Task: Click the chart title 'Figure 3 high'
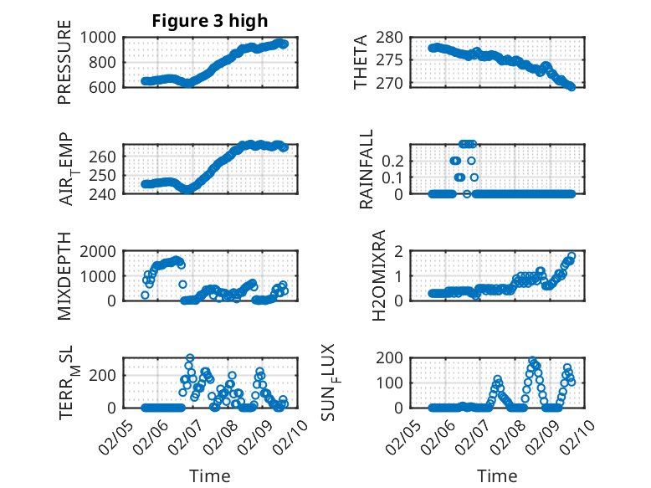(x=209, y=21)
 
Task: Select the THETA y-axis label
(x=361, y=63)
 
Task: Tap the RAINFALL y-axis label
(x=366, y=170)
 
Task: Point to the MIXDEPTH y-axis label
(x=64, y=276)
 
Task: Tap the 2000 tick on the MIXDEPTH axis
(x=100, y=251)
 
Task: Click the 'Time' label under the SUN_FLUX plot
(x=497, y=475)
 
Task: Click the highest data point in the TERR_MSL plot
(x=190, y=358)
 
